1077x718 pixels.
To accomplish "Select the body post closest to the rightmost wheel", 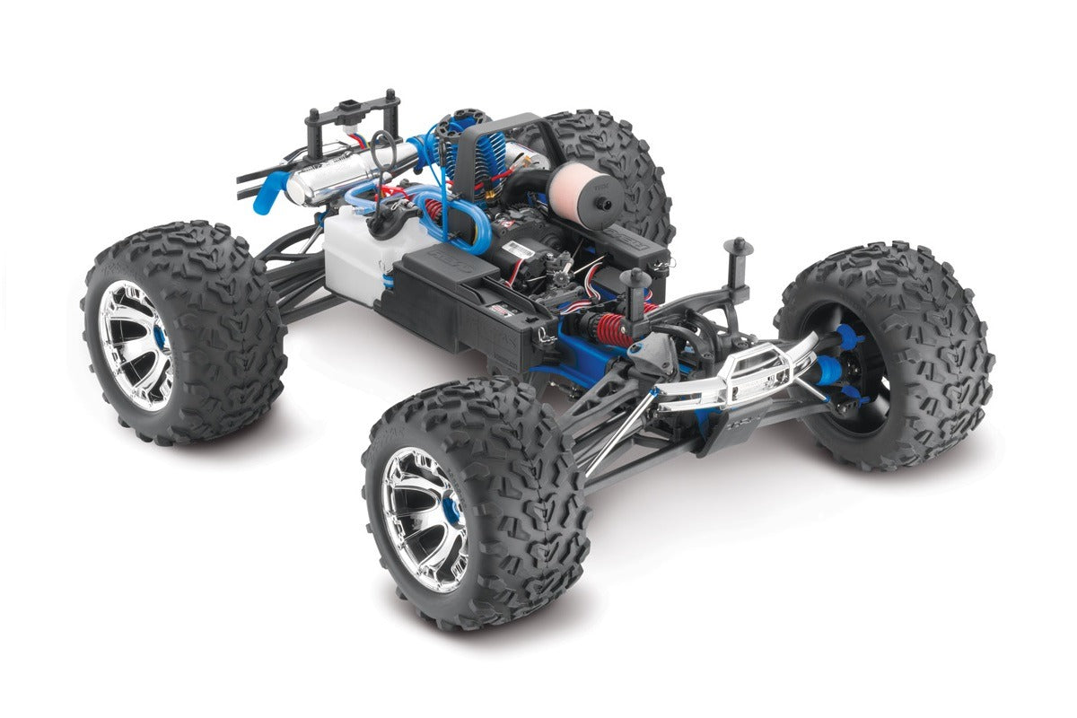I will tap(739, 265).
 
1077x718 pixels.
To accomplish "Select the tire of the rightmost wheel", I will tap(942, 359).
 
